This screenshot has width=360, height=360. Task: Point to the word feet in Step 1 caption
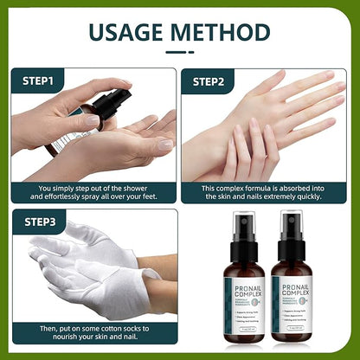pyautogui.click(x=138, y=197)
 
